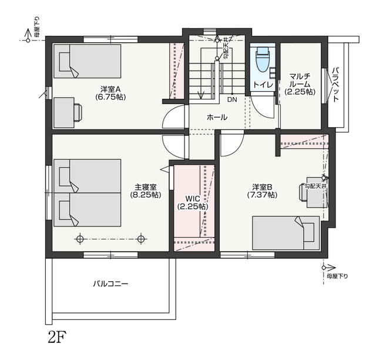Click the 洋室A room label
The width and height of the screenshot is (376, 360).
[110, 93]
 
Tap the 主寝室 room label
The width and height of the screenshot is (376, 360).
[146, 191]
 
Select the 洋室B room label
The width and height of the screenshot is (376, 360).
[263, 191]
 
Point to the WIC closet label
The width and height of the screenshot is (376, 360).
[193, 203]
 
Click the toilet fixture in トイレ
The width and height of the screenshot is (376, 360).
[263, 59]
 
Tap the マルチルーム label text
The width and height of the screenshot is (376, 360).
[300, 84]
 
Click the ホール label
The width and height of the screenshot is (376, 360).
[217, 118]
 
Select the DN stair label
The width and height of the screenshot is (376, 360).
[232, 99]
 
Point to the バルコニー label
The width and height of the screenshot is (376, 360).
[110, 284]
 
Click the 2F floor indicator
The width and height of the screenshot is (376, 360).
[57, 338]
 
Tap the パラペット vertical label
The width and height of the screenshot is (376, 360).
[336, 85]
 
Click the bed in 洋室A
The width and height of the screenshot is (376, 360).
[88, 61]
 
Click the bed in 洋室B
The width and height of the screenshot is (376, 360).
[286, 233]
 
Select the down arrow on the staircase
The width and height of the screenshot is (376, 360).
[200, 95]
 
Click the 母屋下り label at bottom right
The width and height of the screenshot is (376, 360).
[337, 276]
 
